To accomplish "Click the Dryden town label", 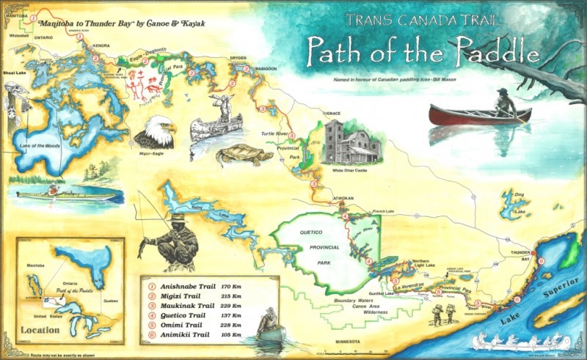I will [x=238, y=57].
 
